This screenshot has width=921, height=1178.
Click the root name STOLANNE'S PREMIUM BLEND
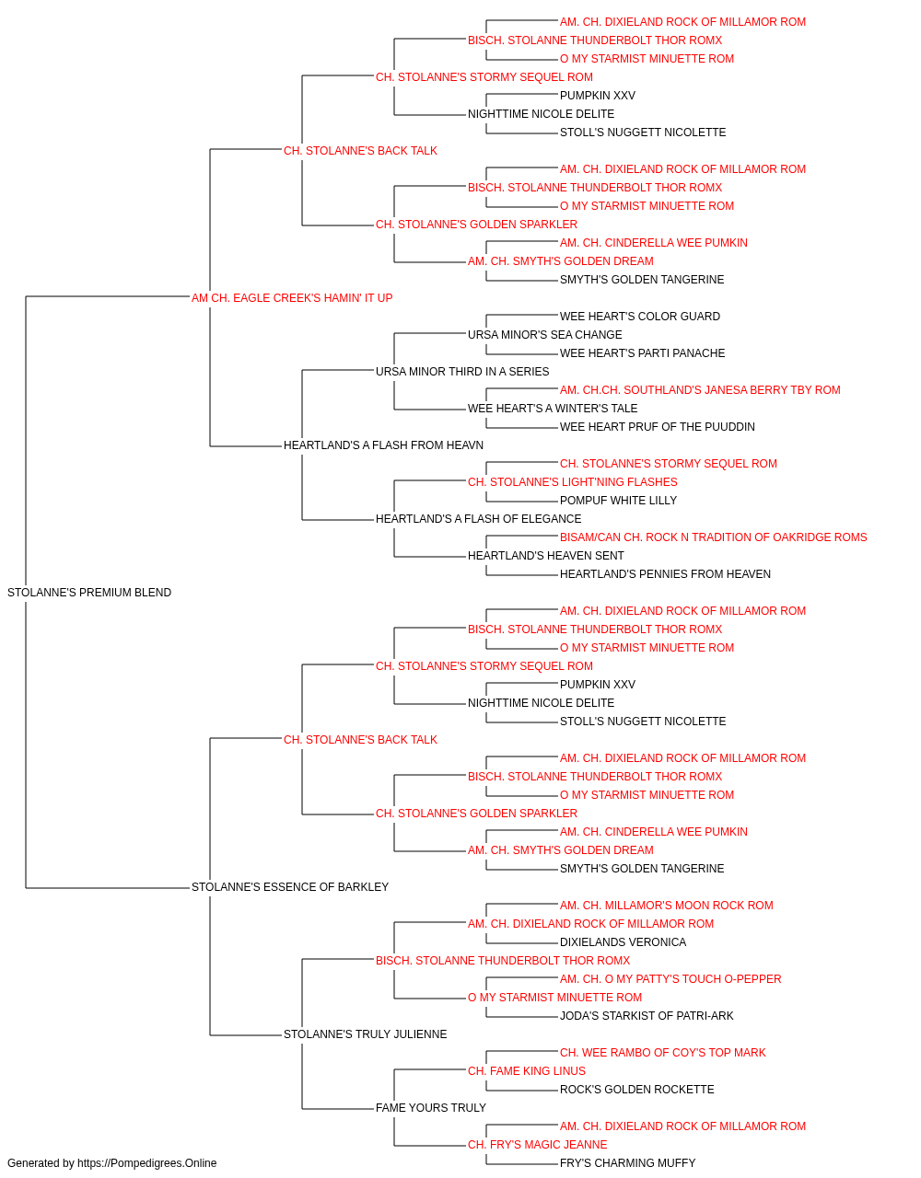point(89,593)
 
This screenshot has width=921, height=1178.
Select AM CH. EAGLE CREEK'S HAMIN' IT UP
point(292,298)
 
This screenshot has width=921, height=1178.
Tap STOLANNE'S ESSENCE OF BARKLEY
point(290,887)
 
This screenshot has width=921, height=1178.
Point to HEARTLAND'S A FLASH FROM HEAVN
point(383,445)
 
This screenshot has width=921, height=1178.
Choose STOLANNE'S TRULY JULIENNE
point(366,1034)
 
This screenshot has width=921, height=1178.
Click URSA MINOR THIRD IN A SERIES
point(462,371)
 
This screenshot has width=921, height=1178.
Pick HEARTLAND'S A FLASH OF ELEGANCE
point(478,519)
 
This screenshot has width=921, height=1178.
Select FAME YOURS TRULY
point(431,1108)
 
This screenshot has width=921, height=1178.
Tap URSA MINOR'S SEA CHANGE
point(545,334)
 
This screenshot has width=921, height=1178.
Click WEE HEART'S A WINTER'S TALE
point(553,409)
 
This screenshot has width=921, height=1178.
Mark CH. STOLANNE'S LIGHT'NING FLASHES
point(573,482)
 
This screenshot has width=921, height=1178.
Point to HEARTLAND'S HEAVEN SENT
point(545,556)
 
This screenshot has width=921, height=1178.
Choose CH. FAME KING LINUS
point(527,1071)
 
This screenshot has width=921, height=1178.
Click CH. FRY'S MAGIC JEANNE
point(538,1145)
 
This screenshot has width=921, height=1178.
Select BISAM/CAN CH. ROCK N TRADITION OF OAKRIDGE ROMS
point(713,537)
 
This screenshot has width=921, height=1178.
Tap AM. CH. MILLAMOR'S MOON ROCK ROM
point(667,906)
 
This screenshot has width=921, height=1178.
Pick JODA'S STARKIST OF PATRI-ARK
point(647,1016)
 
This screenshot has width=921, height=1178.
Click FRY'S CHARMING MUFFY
point(627,1163)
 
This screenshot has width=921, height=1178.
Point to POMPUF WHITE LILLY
point(618,501)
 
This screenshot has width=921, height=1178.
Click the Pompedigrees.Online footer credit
point(111,1163)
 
